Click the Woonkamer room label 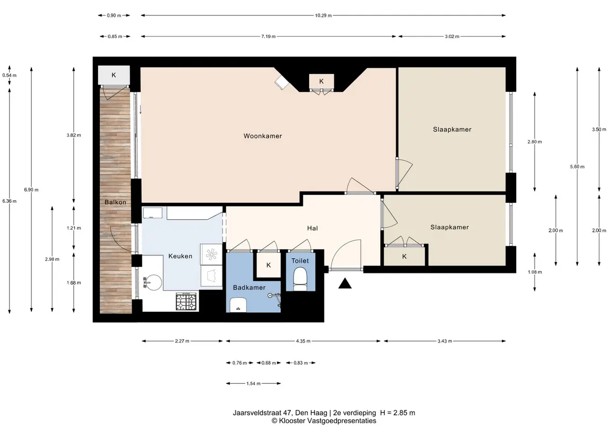click(x=262, y=136)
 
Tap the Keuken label click(x=181, y=256)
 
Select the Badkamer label click(x=249, y=287)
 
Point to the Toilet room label click(x=300, y=261)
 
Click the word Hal click(x=312, y=228)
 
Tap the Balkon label click(x=115, y=202)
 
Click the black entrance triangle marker click(x=345, y=284)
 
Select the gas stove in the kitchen click(x=186, y=301)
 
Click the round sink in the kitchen click(x=153, y=282)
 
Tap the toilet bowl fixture click(x=300, y=280)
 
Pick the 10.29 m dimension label click(x=323, y=15)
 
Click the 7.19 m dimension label click(x=268, y=37)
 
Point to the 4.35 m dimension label click(x=303, y=341)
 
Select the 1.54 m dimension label click(x=253, y=383)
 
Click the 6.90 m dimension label click(x=31, y=190)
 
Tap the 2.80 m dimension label click(x=534, y=141)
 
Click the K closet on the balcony click(x=114, y=75)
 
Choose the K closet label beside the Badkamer click(x=269, y=265)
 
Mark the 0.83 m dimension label click(x=301, y=363)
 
